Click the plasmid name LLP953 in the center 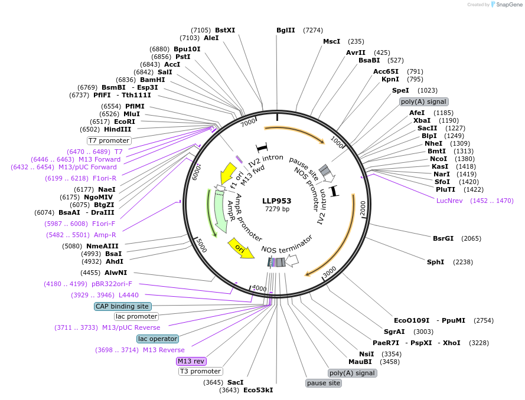click(277, 201)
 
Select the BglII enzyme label click(286, 30)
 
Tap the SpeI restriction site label click(400, 90)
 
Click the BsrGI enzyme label click(443, 238)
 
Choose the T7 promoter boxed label click(109, 140)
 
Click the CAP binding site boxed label click(123, 306)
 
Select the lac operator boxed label click(158, 339)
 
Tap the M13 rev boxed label click(191, 361)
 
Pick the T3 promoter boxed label click(200, 372)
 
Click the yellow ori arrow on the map click(241, 250)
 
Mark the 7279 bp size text click(277, 209)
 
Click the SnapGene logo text click(508, 5)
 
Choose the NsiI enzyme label click(367, 354)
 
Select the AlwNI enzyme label click(116, 273)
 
